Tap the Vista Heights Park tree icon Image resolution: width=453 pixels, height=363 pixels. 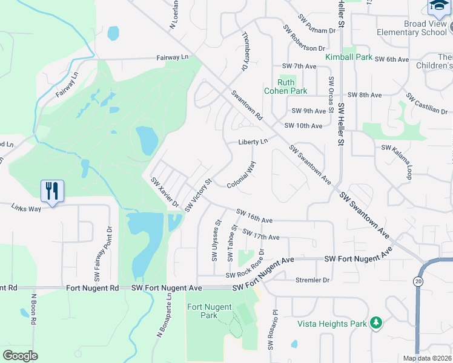376,323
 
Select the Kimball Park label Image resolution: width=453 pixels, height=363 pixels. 348,57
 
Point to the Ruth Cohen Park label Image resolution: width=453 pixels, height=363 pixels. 286,87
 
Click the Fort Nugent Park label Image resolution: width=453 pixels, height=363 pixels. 202,311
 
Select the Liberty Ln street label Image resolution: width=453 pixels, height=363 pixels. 253,141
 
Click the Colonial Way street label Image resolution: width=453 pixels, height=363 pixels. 242,174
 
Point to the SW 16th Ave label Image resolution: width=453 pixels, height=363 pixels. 254,216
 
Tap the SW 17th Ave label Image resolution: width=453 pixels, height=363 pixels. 261,235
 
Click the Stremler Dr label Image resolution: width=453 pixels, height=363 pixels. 312,280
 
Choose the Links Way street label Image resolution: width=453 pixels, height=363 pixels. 26,208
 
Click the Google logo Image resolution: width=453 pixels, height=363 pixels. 20,355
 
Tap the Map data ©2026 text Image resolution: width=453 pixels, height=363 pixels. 427,358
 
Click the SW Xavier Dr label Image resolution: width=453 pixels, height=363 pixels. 165,192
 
